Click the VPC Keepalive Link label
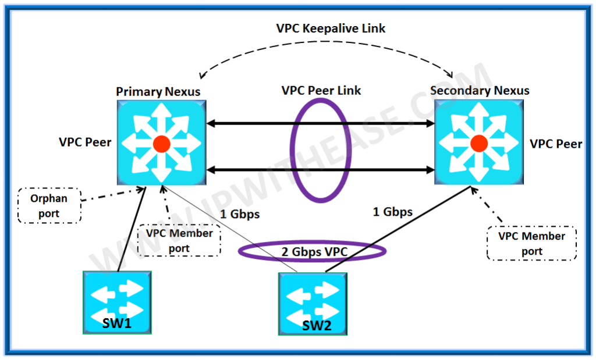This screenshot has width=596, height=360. (331, 28)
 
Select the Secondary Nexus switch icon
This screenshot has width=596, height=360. (478, 143)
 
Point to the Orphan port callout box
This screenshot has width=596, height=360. (49, 205)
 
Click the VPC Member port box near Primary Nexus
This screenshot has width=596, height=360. (179, 240)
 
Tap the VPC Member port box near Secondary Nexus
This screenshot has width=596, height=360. (531, 243)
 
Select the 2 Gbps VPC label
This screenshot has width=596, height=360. (313, 251)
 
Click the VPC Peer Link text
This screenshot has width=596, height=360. (321, 91)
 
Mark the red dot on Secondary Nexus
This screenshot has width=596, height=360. (478, 143)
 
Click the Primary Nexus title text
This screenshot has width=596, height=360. (158, 91)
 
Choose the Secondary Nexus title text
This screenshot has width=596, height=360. (480, 90)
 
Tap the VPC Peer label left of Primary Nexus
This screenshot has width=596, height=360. (85, 142)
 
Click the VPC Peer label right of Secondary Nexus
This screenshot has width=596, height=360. (556, 144)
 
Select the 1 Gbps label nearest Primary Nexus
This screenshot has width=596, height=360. (240, 214)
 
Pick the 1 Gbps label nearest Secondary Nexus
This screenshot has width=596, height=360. (392, 212)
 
